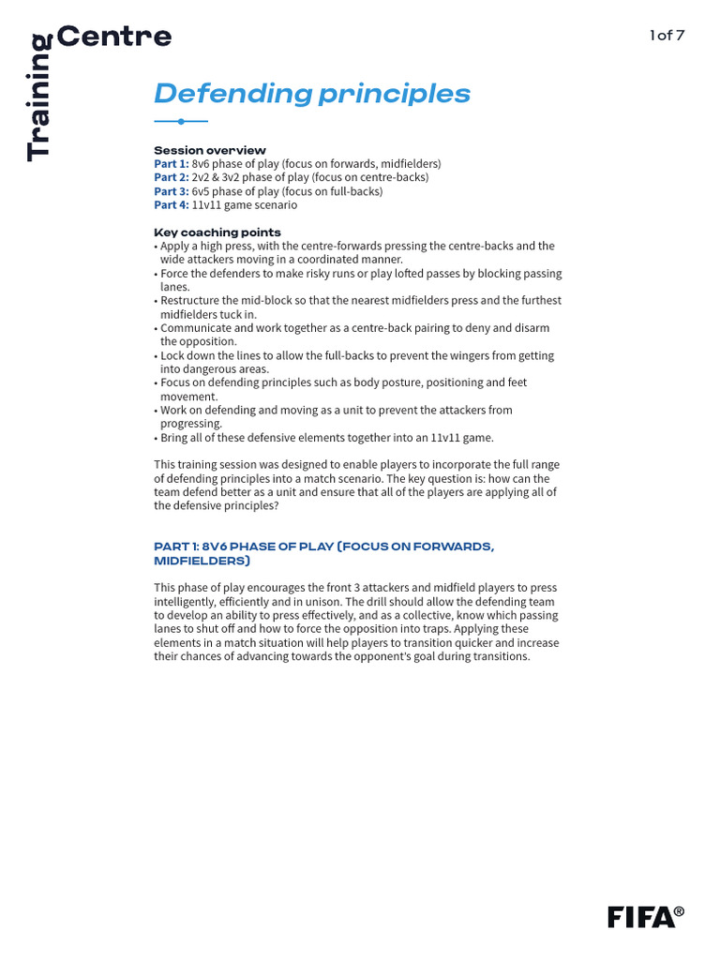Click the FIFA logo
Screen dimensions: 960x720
[640, 917]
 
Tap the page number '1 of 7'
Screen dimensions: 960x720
[667, 36]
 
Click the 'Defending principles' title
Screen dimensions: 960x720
[312, 94]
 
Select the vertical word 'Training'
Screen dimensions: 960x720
[38, 97]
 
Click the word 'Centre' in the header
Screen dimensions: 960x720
[114, 37]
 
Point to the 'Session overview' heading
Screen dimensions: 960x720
[210, 150]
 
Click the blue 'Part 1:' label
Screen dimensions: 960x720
[172, 164]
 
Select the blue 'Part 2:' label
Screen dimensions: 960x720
[172, 177]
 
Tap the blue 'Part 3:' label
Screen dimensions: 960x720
[172, 191]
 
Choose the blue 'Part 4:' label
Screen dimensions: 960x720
[172, 204]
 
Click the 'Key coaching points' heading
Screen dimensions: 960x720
[217, 232]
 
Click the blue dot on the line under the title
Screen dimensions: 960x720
[181, 121]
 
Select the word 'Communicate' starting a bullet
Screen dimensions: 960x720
[195, 328]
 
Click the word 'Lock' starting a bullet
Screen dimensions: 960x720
[172, 355]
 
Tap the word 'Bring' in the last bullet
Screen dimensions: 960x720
[175, 438]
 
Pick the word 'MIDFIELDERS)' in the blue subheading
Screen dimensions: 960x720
[202, 561]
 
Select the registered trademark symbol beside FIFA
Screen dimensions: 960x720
[679, 911]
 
